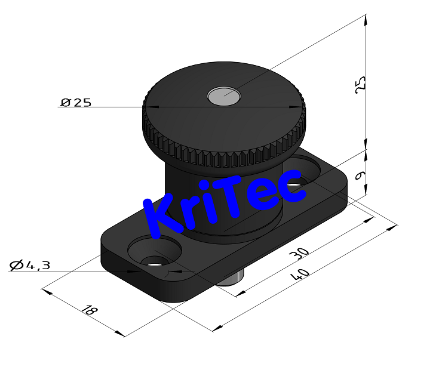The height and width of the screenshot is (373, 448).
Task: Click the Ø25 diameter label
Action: coord(76,102)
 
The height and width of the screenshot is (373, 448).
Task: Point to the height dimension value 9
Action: coord(360,175)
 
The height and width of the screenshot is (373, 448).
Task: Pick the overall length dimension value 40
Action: coord(299,276)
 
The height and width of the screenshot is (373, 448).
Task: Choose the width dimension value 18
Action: coord(88,310)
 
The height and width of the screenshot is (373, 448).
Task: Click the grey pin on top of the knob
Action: coord(224,94)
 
